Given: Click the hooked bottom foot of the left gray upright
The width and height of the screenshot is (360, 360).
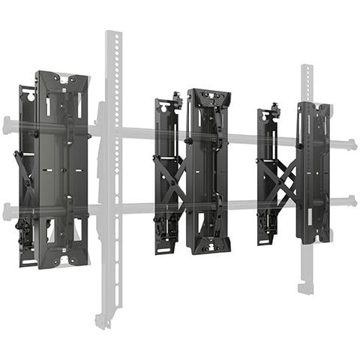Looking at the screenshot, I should (x=103, y=321).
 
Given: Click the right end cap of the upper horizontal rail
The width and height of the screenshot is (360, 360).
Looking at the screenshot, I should (x=351, y=144).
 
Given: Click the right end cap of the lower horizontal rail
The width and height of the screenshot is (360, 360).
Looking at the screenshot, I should (x=351, y=201).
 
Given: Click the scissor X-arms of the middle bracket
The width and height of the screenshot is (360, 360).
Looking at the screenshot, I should (x=172, y=180).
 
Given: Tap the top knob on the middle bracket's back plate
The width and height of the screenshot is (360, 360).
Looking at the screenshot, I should (x=177, y=97).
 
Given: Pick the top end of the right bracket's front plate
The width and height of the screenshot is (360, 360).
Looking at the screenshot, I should (x=313, y=107).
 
